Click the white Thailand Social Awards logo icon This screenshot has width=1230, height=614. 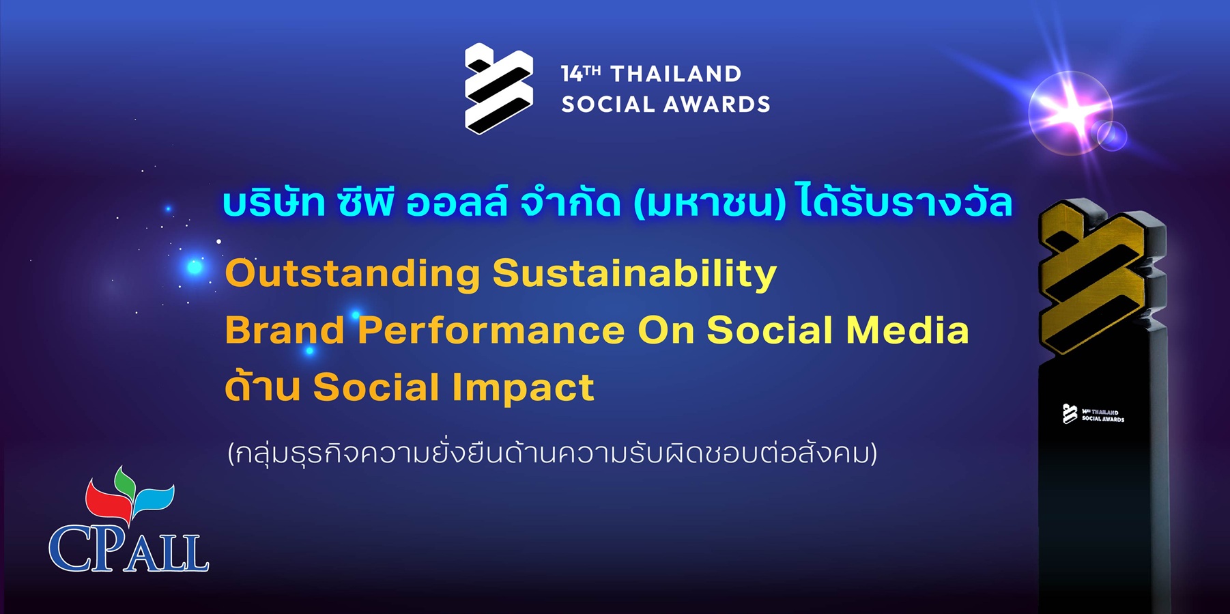(498, 88)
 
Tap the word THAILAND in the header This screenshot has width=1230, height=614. (676, 74)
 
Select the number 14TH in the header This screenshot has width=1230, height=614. (581, 73)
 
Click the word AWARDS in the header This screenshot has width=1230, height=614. (717, 104)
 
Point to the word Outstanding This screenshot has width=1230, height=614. (353, 273)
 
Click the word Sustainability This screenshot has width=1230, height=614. (635, 275)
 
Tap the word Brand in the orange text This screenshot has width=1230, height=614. (285, 330)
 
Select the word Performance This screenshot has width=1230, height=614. (491, 331)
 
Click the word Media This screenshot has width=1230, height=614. (907, 330)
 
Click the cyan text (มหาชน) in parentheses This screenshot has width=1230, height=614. (710, 204)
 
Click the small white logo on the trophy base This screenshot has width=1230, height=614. (1093, 414)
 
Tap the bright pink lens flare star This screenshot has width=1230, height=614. (1070, 111)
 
